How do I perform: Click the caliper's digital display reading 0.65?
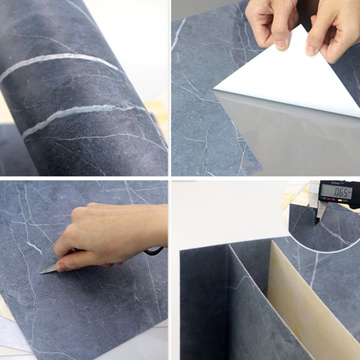click(335, 191)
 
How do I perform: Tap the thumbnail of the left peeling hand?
click(281, 44)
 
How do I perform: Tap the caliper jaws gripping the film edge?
click(320, 211)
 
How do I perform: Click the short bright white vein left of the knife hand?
click(33, 247)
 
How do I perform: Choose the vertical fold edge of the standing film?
click(229, 300)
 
